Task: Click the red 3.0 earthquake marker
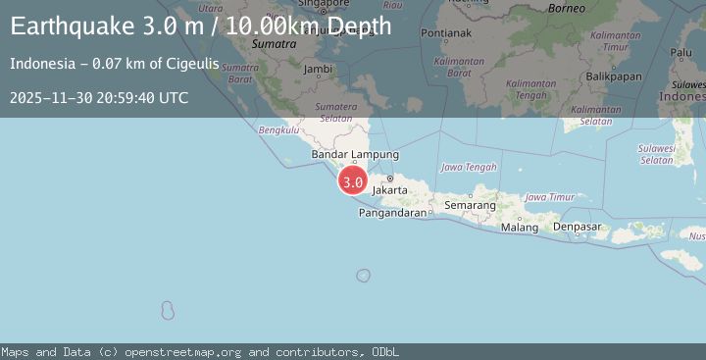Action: point(353,181)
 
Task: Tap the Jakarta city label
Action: point(390,188)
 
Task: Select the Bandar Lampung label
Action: point(355,155)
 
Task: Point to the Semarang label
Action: point(470,206)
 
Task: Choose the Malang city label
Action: point(520,228)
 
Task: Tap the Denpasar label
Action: point(577,227)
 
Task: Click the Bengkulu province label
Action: point(277,129)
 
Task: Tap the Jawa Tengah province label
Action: point(470,168)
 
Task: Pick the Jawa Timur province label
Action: point(550,197)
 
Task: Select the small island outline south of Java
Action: point(363,276)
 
